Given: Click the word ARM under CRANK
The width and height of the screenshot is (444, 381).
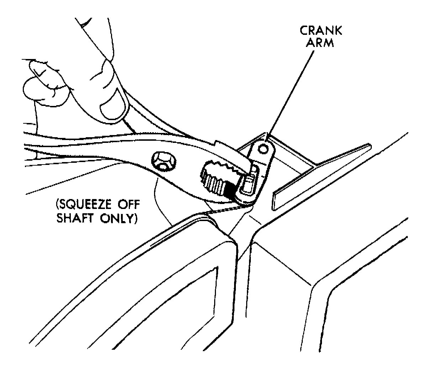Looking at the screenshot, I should (321, 43).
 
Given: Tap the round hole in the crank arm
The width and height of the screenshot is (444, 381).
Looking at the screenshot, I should (264, 149).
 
